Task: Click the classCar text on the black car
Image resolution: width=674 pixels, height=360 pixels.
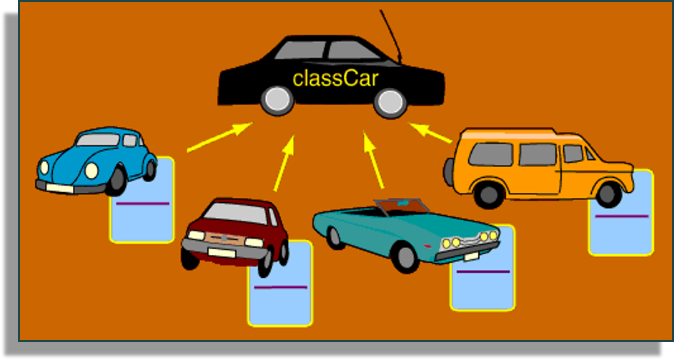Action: click(335, 78)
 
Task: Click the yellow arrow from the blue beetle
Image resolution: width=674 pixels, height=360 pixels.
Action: click(219, 137)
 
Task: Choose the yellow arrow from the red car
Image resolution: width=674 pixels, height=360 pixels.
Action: click(284, 164)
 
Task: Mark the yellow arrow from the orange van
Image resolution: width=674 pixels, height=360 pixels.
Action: click(430, 133)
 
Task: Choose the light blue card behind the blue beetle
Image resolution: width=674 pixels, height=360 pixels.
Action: click(143, 214)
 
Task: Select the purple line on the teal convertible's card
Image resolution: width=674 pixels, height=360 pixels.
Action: click(483, 271)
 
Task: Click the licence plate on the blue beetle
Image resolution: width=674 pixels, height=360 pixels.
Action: click(60, 187)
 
